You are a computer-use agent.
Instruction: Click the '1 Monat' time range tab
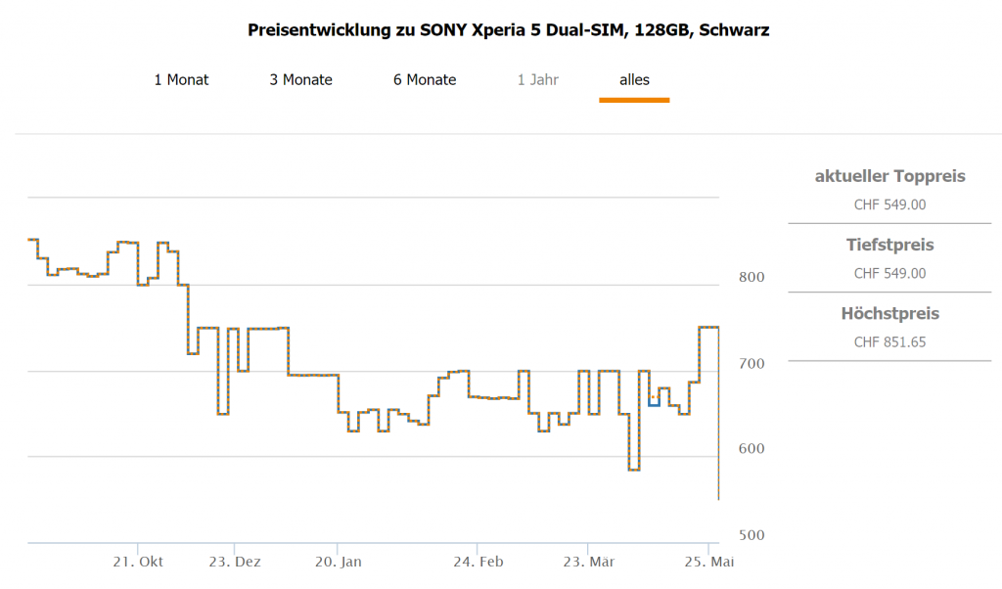click(x=181, y=79)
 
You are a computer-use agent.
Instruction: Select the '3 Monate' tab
click(x=300, y=79)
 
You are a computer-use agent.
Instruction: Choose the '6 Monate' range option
click(x=425, y=79)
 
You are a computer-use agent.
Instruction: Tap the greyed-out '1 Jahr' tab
click(x=538, y=79)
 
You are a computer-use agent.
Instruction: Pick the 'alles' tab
click(x=634, y=79)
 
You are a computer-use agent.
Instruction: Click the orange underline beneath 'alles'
click(x=634, y=100)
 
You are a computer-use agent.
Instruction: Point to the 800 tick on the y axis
click(x=751, y=277)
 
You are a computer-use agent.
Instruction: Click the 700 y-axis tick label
click(x=751, y=363)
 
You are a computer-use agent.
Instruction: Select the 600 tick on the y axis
click(x=751, y=448)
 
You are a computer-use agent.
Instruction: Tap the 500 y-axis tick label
click(x=751, y=534)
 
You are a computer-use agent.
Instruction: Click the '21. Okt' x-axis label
click(x=138, y=562)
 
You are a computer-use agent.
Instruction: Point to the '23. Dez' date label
click(x=235, y=562)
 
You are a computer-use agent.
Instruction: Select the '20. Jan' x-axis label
click(x=338, y=562)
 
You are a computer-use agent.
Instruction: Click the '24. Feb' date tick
click(x=478, y=562)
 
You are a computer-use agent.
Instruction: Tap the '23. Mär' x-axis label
click(x=588, y=562)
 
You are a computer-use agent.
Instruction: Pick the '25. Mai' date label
click(x=707, y=562)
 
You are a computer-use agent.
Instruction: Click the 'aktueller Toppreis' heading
click(x=889, y=176)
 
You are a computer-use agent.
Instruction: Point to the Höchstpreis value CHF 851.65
click(x=889, y=341)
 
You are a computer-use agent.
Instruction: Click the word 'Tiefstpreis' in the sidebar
click(x=889, y=245)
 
